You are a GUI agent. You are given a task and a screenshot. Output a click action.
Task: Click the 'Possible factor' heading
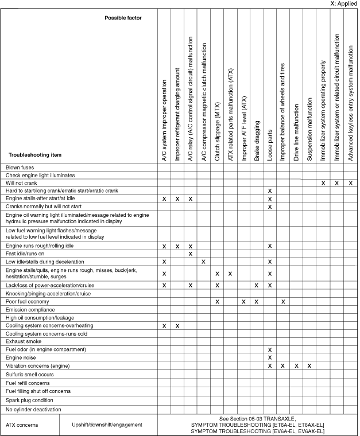123,18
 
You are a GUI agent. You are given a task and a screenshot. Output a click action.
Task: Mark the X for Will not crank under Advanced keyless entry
350,182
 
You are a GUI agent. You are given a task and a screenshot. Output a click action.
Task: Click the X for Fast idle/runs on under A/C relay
191,254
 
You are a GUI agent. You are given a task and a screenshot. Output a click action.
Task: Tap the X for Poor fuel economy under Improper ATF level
243,301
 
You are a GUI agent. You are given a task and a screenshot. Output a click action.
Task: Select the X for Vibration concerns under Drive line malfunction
296,365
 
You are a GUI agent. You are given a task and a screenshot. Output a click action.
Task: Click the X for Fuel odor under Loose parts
270,349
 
